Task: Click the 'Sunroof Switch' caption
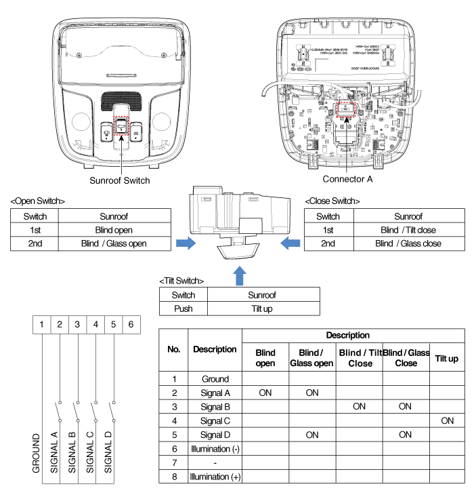(x=120, y=180)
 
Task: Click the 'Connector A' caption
(x=347, y=179)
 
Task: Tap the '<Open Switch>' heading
(x=38, y=201)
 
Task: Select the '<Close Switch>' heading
(x=332, y=201)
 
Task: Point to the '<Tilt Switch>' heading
(x=181, y=281)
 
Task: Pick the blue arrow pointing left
(x=290, y=243)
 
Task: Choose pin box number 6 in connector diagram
(x=131, y=324)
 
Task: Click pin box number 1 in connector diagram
(x=42, y=324)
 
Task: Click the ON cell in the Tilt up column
(x=447, y=420)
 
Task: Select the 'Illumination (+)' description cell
(x=215, y=477)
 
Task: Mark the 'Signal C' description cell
(x=215, y=420)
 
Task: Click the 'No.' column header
(x=174, y=349)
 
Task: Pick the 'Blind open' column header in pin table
(x=265, y=358)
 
